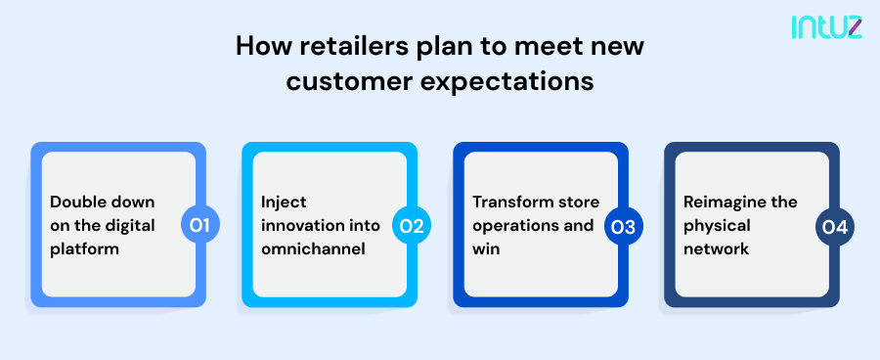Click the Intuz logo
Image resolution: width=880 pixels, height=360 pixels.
[826, 28]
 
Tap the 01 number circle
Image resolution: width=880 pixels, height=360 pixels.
[200, 226]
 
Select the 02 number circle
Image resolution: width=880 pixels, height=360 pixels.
[412, 226]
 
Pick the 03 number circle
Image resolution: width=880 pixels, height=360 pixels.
[623, 226]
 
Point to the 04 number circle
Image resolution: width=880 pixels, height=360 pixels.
[834, 226]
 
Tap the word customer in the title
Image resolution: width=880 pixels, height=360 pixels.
[349, 82]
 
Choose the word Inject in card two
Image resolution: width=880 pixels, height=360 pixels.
[284, 202]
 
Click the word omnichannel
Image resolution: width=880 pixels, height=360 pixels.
[312, 249]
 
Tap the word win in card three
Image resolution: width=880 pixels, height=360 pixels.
[486, 249]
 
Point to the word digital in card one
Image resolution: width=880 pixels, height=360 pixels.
[130, 226]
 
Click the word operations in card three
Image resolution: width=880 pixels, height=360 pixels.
[516, 226]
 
